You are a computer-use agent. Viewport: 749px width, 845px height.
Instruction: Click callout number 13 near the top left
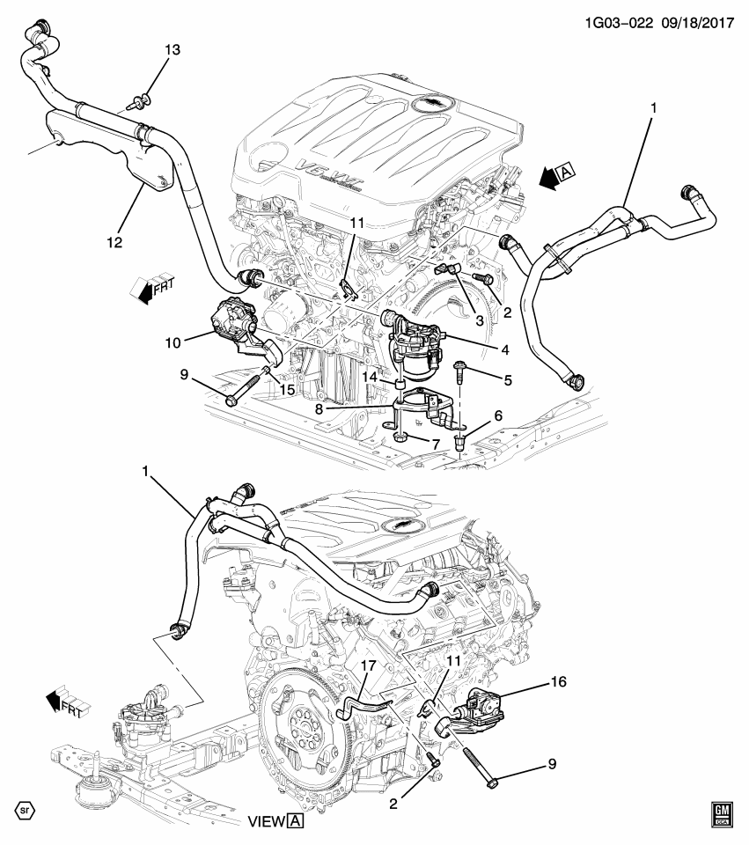pyautogui.click(x=172, y=51)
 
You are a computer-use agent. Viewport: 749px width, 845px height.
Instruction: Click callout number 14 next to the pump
pyautogui.click(x=370, y=377)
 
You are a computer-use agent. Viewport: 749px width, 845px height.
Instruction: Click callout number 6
pyautogui.click(x=498, y=415)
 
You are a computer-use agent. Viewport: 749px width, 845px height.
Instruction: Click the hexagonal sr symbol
pyautogui.click(x=26, y=809)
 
